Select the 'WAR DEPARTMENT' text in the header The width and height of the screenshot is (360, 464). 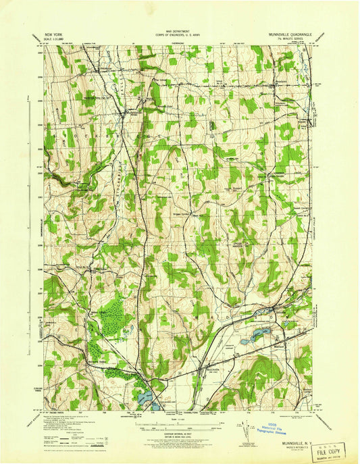click(x=179, y=31)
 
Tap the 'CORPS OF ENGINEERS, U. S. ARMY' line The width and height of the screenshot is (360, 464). click(x=179, y=35)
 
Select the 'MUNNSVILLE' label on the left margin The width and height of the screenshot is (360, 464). click(x=38, y=223)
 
